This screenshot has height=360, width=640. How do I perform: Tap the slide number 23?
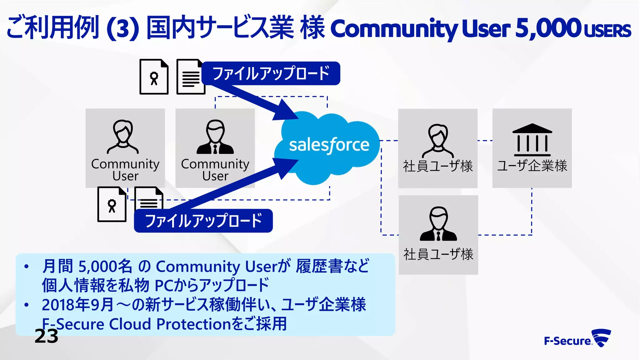point(46,336)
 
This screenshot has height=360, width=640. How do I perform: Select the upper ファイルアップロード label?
point(271,73)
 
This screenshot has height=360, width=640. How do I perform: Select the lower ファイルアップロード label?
point(203,221)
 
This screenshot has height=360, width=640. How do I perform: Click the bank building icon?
point(532,140)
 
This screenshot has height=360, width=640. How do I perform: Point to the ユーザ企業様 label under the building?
point(532,166)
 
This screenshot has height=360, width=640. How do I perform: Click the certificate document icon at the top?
point(154,77)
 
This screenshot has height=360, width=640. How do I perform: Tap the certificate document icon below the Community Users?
point(112,204)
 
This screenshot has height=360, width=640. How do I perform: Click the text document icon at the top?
point(190,77)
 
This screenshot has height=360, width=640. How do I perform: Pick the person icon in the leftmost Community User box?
point(123,137)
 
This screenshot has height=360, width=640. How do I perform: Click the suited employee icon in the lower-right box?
point(438,224)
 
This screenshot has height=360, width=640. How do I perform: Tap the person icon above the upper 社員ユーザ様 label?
point(438,141)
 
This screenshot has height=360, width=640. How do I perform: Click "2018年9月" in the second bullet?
point(77,305)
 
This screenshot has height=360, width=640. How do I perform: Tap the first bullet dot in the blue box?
point(27,267)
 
